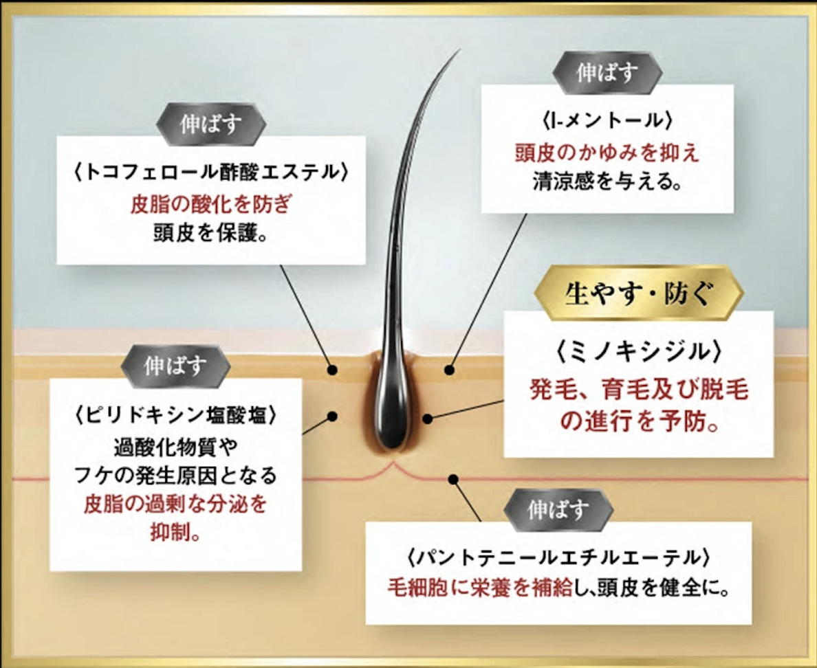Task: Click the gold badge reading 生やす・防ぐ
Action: click(x=639, y=293)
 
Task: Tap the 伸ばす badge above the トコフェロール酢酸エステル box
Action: click(x=211, y=124)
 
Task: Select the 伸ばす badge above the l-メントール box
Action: click(x=607, y=73)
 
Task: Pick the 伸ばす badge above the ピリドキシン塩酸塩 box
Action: click(x=175, y=366)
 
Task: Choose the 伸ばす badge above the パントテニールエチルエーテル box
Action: click(x=558, y=510)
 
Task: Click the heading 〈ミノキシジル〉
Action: click(x=639, y=352)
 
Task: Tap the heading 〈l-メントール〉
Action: click(x=607, y=121)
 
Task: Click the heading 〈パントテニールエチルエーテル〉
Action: click(x=558, y=557)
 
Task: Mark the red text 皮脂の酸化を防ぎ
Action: click(x=211, y=204)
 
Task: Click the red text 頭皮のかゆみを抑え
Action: click(x=607, y=153)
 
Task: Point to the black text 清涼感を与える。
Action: click(x=607, y=181)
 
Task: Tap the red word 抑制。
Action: click(x=175, y=532)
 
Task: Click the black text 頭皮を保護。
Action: click(x=211, y=233)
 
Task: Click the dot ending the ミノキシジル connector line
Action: click(x=427, y=419)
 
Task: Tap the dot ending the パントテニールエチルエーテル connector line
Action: click(x=453, y=479)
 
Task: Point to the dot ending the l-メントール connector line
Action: click(x=449, y=370)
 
